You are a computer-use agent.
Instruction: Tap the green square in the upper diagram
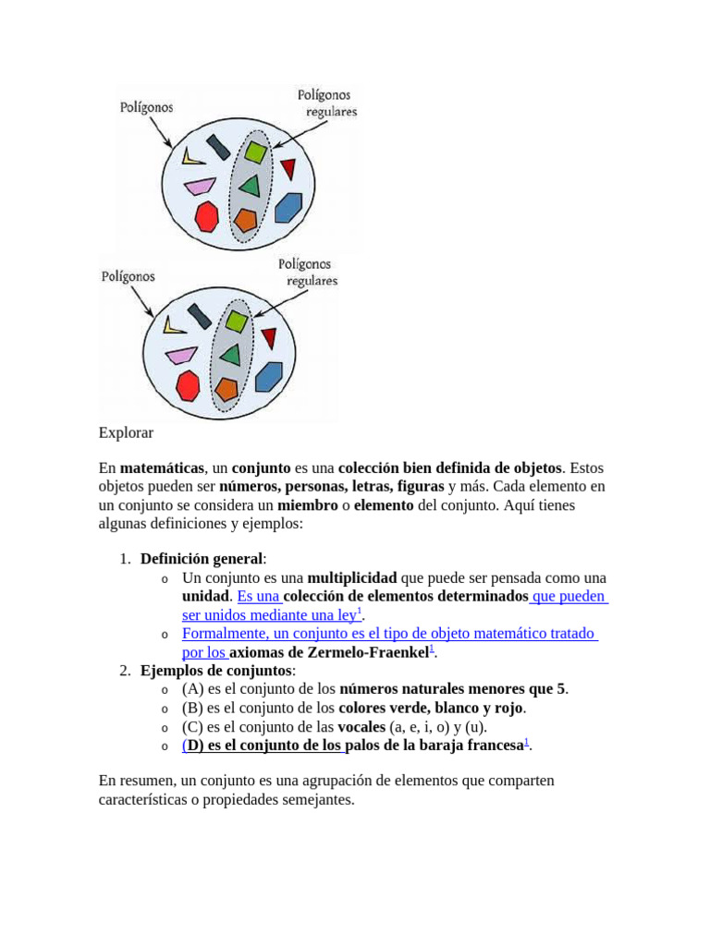(x=255, y=152)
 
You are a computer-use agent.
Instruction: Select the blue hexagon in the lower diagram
(x=269, y=375)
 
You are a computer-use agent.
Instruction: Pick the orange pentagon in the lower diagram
(x=226, y=388)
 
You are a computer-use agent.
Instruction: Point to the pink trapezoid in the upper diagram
(x=199, y=187)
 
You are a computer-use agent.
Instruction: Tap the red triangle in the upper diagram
(x=288, y=168)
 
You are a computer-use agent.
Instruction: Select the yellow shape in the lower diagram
(x=174, y=324)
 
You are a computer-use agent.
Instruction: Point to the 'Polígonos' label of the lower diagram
(x=128, y=275)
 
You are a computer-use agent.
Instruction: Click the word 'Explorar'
(x=126, y=432)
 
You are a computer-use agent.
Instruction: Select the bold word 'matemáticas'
(x=162, y=468)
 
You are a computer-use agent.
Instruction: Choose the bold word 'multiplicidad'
(x=352, y=577)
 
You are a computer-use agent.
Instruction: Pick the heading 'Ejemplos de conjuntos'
(x=216, y=671)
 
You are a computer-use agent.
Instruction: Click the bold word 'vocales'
(x=361, y=727)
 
